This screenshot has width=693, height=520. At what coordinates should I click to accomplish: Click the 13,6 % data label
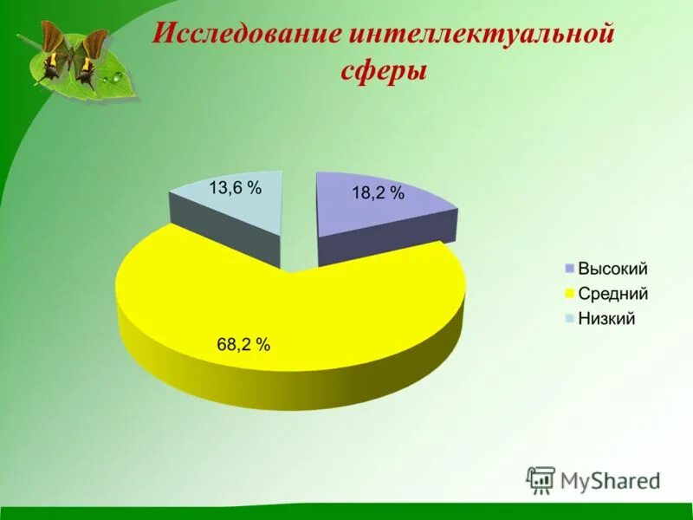pyautogui.click(x=235, y=187)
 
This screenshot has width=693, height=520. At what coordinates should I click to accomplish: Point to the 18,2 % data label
pyautogui.click(x=378, y=194)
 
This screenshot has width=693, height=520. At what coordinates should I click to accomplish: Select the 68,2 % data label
pyautogui.click(x=243, y=344)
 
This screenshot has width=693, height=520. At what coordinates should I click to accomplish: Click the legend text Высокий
pyautogui.click(x=612, y=270)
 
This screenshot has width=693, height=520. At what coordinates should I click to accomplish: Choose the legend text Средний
pyautogui.click(x=612, y=294)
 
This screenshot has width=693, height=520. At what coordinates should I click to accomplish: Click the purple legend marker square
pyautogui.click(x=569, y=270)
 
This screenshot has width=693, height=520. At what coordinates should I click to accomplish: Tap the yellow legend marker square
pyautogui.click(x=569, y=294)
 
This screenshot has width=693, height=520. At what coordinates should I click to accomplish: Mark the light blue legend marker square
pyautogui.click(x=569, y=318)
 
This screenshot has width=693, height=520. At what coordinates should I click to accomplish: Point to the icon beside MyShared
pyautogui.click(x=541, y=479)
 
